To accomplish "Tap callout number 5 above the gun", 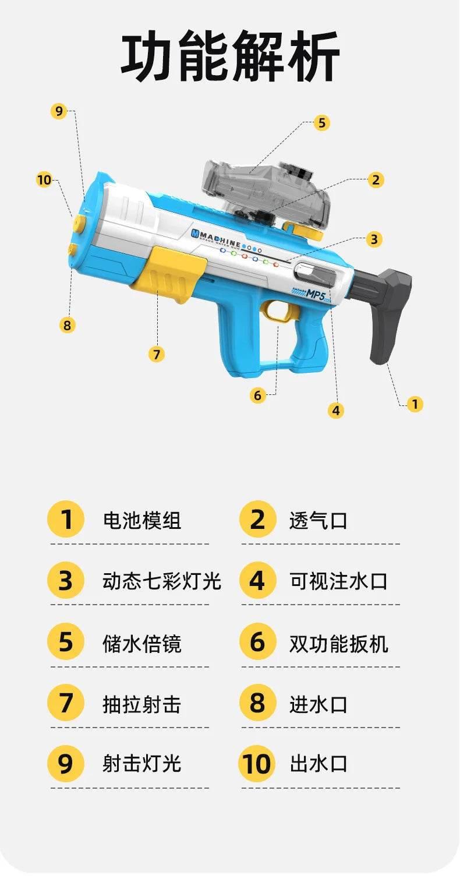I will [321, 123].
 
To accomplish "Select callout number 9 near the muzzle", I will [59, 111].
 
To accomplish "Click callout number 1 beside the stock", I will [414, 404].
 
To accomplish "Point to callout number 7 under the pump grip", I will [156, 354].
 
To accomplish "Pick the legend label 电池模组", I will [141, 520].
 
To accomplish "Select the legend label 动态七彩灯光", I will [161, 581].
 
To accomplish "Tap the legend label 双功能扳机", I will [338, 644].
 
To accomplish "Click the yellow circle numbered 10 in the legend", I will [256, 764].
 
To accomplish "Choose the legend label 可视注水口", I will [338, 581].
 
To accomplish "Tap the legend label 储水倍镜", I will [141, 644].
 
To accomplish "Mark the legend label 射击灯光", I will [141, 764].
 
